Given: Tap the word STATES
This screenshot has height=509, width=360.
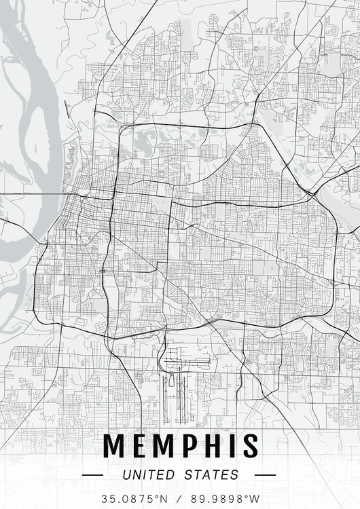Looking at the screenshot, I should (211, 475).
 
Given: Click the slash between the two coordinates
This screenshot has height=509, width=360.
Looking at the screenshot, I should (180, 498).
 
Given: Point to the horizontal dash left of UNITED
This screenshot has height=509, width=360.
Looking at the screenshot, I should (92, 475).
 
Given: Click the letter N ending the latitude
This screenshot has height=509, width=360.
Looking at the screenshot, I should (164, 498).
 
